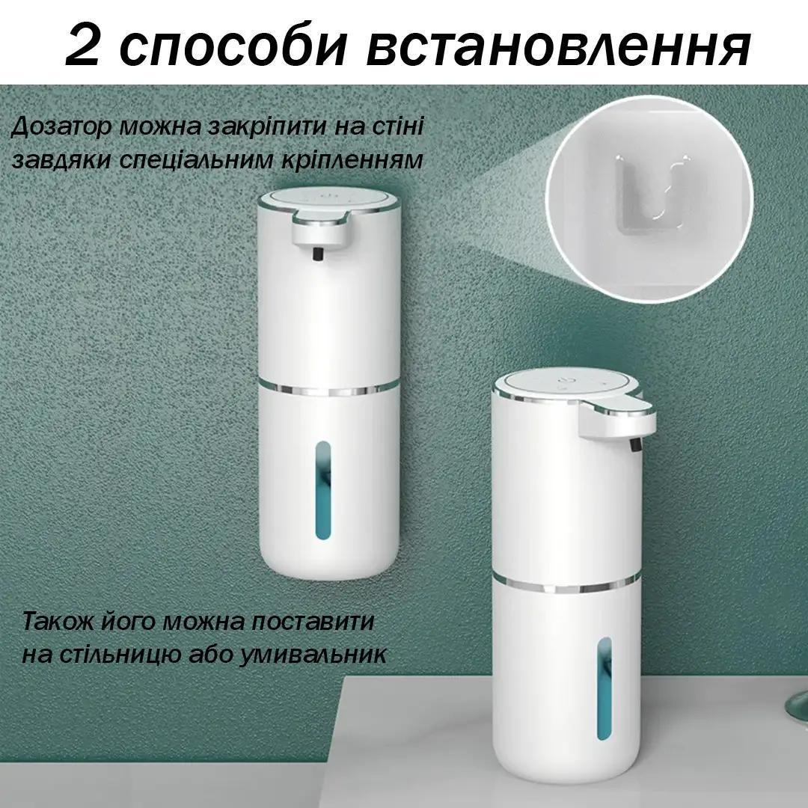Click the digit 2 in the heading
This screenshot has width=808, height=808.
pos(82,46)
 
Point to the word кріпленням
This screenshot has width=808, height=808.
pos(352,161)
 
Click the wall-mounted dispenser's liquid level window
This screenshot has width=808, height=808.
pos(322,490)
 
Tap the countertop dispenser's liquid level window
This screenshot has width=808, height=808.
pos(605,688)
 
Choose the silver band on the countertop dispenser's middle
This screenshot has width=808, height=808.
pos(567,585)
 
